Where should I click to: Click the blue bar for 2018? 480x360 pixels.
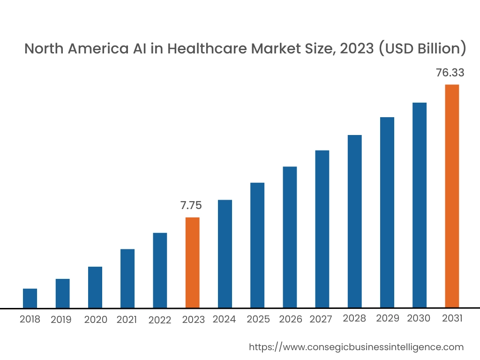point(30,298)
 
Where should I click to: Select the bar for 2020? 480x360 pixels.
point(95,287)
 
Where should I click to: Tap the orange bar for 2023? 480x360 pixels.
point(192,262)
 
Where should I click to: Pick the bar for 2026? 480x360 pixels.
point(290,237)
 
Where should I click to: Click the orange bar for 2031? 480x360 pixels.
point(452,196)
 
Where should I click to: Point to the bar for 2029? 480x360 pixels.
point(387,212)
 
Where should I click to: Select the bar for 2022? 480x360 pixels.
point(160,270)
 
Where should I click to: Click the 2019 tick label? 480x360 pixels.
point(61,320)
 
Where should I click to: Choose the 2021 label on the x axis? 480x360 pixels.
point(127,320)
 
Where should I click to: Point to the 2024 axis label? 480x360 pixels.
point(224,319)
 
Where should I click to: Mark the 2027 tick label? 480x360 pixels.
point(321,319)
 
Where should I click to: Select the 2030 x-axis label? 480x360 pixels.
point(419,319)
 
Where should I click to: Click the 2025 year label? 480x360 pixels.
point(258,319)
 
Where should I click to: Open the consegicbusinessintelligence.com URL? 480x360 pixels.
point(356,347)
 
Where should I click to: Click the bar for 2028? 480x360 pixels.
point(354,221)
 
